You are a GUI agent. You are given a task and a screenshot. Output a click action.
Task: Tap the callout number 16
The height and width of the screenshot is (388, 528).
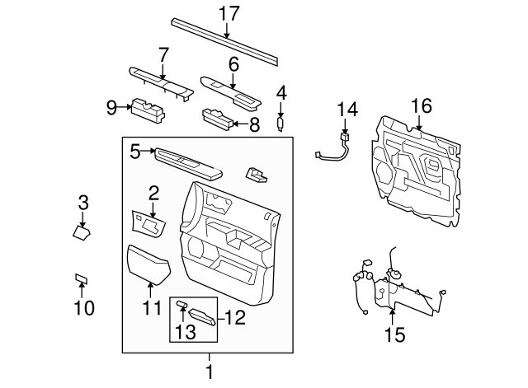tap(421, 105)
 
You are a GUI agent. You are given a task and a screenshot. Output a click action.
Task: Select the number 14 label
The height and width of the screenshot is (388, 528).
tap(348, 109)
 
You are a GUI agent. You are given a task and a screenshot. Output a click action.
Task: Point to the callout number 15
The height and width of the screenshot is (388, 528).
tap(394, 334)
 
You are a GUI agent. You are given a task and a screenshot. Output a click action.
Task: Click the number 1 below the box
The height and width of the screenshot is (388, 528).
tap(209, 372)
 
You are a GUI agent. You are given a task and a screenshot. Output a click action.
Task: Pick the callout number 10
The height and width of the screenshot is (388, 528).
tap(83, 308)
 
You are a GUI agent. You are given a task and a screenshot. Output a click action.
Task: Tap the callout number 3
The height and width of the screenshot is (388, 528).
tap(82, 202)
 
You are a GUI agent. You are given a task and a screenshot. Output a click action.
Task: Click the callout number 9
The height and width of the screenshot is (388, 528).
tap(112, 105)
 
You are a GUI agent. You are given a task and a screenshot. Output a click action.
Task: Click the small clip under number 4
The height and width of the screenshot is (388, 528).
tap(281, 124)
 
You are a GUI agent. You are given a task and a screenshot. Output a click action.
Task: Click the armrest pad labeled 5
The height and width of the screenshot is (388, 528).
tap(189, 161)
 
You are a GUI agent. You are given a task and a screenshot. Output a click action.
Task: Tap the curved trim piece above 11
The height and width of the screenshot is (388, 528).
tap(148, 263)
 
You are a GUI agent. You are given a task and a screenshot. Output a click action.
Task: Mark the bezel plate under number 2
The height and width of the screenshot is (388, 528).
tap(148, 222)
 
